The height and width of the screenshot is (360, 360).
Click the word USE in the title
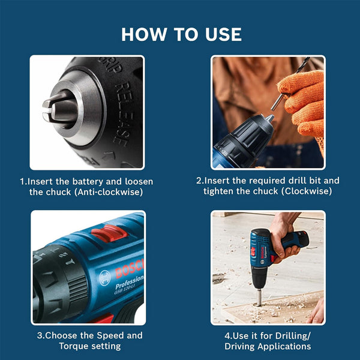click(x=221, y=34)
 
